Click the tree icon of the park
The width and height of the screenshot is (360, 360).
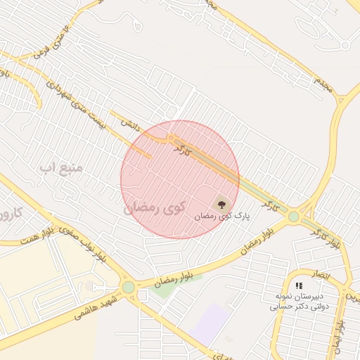click(x=222, y=205)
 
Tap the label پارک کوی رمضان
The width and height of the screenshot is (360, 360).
click(x=223, y=218)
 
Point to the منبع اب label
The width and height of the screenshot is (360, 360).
click(x=61, y=167)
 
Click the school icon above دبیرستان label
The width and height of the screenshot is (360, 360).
click(x=299, y=286)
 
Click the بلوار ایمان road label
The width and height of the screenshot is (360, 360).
click(x=339, y=336)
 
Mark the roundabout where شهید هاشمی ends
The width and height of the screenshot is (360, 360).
click(x=128, y=287)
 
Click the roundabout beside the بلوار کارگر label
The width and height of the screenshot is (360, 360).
click(x=294, y=217)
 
